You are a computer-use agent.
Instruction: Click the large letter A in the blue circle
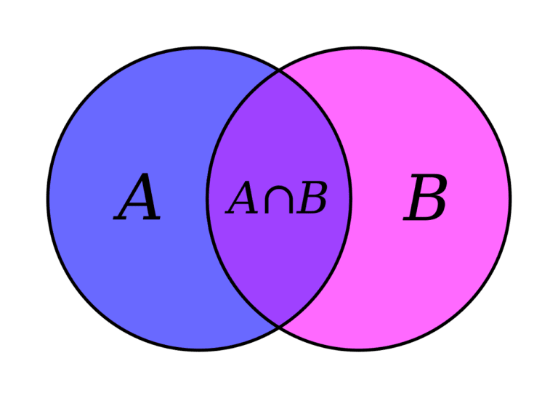click(137, 196)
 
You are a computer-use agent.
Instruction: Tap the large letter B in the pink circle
click(424, 197)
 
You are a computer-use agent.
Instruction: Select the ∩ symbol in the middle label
click(279, 199)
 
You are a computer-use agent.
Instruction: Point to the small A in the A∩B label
click(241, 198)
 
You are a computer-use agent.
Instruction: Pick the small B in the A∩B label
click(312, 198)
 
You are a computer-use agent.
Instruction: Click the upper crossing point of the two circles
click(279, 72)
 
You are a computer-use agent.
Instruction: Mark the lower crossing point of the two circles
click(279, 325)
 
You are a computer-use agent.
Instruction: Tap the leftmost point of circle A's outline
click(48, 198)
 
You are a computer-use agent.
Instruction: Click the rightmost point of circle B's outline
click(510, 198)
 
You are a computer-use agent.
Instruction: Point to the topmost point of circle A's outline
click(199, 47)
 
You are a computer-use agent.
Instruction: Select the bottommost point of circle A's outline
click(199, 350)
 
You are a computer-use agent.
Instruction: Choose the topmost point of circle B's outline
click(359, 47)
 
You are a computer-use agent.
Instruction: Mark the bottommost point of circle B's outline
click(359, 350)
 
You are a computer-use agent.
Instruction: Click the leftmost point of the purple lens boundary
click(207, 198)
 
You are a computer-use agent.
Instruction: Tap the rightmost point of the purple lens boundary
click(351, 198)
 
